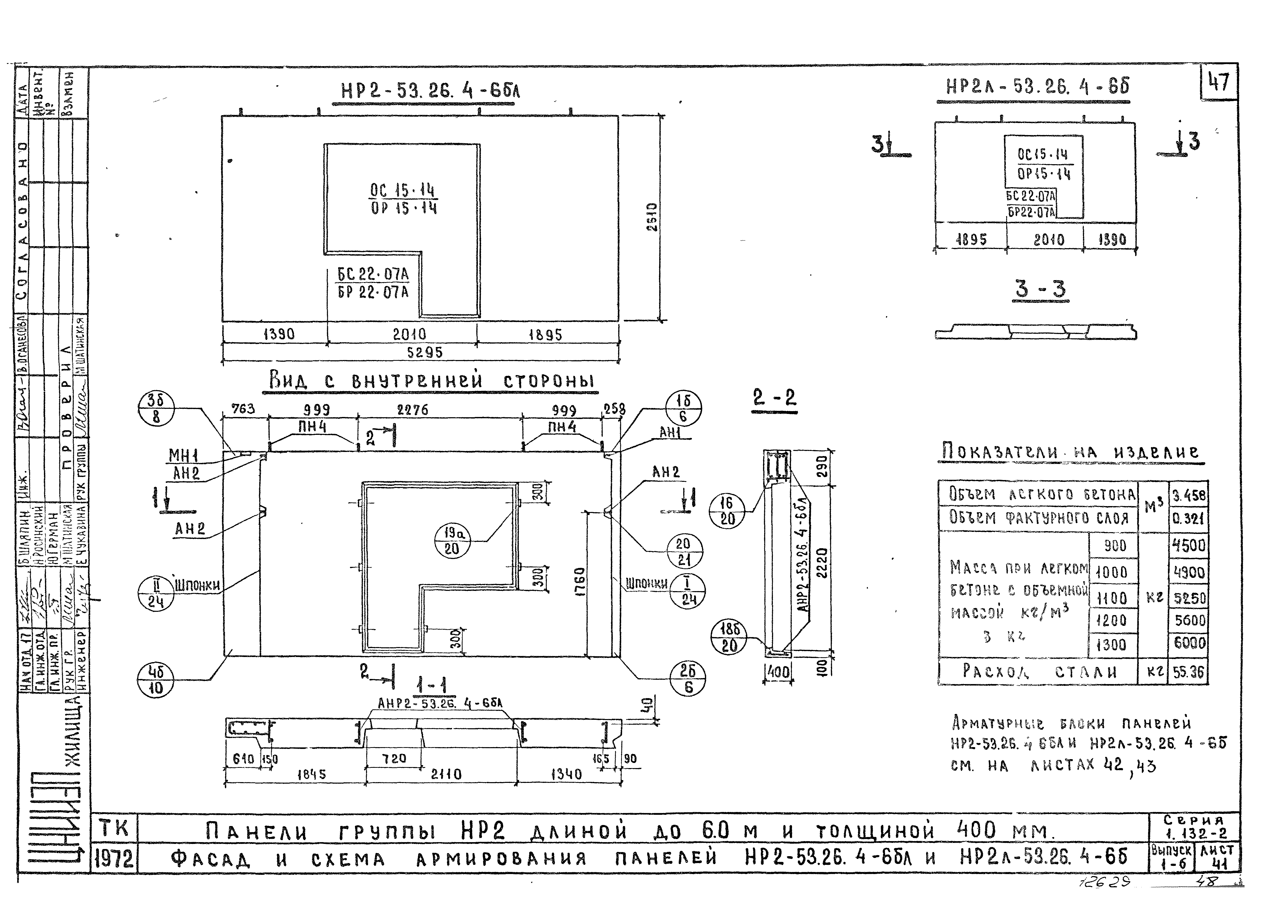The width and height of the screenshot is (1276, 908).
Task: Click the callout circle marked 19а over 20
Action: click(452, 541)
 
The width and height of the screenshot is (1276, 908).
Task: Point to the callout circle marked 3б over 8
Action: click(156, 409)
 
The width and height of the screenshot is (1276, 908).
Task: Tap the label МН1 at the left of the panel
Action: click(183, 456)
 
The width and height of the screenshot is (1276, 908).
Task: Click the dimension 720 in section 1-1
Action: click(394, 758)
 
